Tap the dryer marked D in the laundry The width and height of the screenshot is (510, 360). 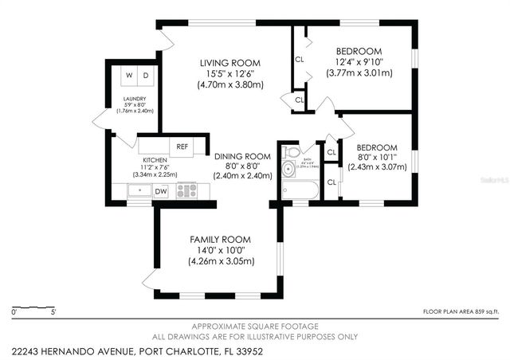click(x=147, y=76)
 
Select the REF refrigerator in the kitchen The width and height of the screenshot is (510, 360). click(x=182, y=147)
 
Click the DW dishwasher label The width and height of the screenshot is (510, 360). click(x=161, y=191)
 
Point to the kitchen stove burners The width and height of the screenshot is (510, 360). click(x=186, y=191)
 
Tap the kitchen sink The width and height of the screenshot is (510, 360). click(x=139, y=191)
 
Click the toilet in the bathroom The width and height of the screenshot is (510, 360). click(x=292, y=151)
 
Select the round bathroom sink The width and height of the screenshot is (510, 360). click(x=287, y=169)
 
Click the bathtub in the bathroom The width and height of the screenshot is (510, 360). click(x=300, y=190)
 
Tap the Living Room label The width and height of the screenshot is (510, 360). click(x=230, y=63)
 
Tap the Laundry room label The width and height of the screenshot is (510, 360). click(x=134, y=99)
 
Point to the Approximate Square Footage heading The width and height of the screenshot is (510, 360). click(x=255, y=327)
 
